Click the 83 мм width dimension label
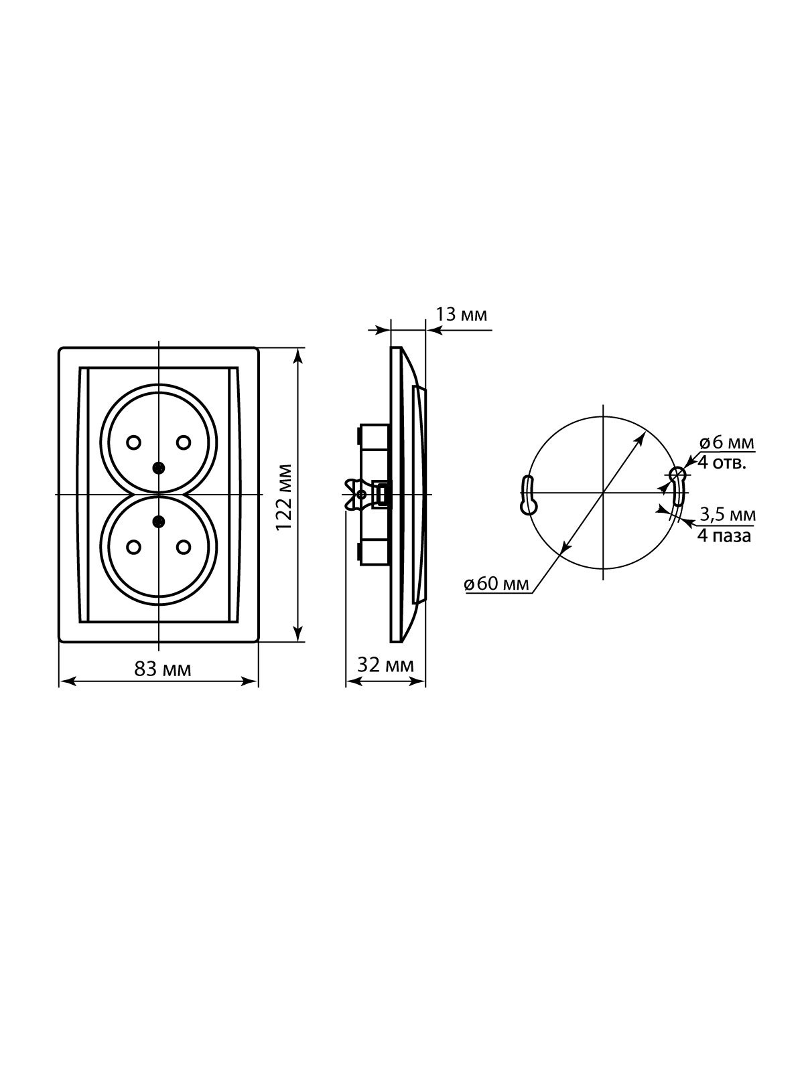click(x=163, y=669)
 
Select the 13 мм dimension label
click(x=462, y=315)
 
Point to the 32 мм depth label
click(x=386, y=665)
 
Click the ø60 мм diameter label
click(x=496, y=584)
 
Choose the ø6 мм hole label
click(x=726, y=443)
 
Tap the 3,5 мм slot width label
click(x=728, y=515)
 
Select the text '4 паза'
click(x=724, y=536)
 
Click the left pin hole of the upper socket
click(x=133, y=442)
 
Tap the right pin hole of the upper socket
click(x=183, y=442)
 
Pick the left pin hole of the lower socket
click(x=133, y=547)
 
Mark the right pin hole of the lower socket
click(x=183, y=547)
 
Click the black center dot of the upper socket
click(x=158, y=468)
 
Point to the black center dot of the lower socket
click(x=158, y=521)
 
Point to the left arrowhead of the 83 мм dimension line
click(x=68, y=681)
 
